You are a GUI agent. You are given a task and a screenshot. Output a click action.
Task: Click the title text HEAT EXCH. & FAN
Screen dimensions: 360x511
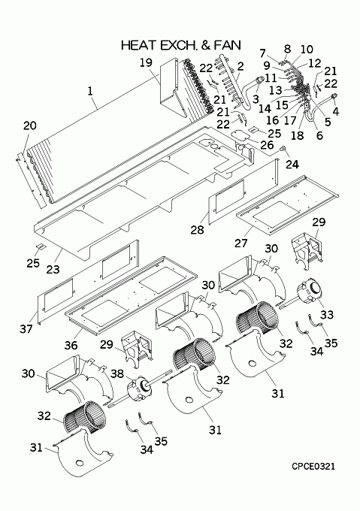181,45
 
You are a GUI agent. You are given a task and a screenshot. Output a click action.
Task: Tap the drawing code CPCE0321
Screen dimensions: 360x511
313,467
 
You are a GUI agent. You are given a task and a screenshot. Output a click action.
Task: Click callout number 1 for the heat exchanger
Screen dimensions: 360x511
90,91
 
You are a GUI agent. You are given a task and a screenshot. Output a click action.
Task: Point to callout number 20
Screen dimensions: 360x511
29,125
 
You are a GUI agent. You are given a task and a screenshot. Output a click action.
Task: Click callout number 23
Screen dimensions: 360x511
53,269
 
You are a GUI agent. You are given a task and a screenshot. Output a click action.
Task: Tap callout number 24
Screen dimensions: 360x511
292,165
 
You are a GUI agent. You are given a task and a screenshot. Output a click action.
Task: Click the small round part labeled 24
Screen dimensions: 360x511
283,149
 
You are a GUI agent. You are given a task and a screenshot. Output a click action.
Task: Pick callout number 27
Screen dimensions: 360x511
241,243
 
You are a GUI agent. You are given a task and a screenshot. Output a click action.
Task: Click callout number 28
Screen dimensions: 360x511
198,229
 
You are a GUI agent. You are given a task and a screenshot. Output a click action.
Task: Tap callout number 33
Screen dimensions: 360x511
327,314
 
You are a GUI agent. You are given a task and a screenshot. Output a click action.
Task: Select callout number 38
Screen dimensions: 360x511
117,373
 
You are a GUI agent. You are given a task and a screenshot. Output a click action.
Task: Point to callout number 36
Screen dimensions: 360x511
71,345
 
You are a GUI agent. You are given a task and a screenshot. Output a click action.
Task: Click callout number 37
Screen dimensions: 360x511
26,329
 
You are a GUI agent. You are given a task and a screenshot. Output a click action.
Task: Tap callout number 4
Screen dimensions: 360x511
335,111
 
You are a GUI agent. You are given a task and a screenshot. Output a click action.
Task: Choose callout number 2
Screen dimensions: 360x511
241,66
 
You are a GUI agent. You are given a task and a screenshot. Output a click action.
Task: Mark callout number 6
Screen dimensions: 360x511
319,135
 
